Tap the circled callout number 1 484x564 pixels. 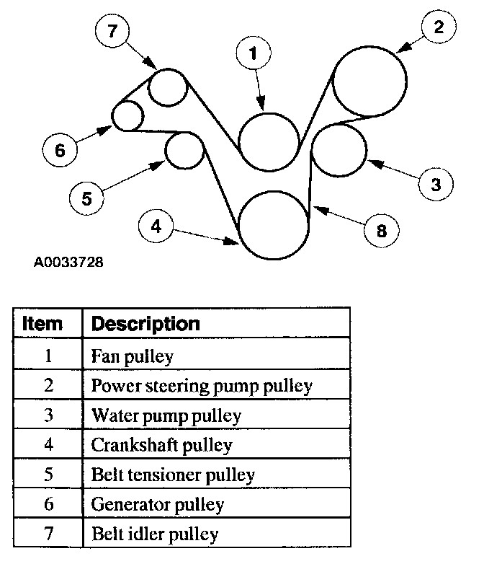[x=253, y=52]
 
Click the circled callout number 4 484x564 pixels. [x=156, y=226]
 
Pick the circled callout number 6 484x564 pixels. [x=60, y=150]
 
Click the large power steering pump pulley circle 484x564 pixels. [x=369, y=81]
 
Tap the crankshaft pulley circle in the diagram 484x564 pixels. [x=273, y=225]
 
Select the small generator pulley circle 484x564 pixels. [x=127, y=115]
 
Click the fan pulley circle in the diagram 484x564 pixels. [x=268, y=141]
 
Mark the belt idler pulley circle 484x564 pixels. [x=168, y=88]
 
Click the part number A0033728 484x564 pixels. [x=68, y=262]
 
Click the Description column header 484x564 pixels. [x=145, y=323]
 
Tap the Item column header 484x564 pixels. [x=43, y=323]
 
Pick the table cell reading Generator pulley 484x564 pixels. [x=158, y=504]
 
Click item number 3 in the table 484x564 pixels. [x=48, y=415]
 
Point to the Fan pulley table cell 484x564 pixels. [x=133, y=356]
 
